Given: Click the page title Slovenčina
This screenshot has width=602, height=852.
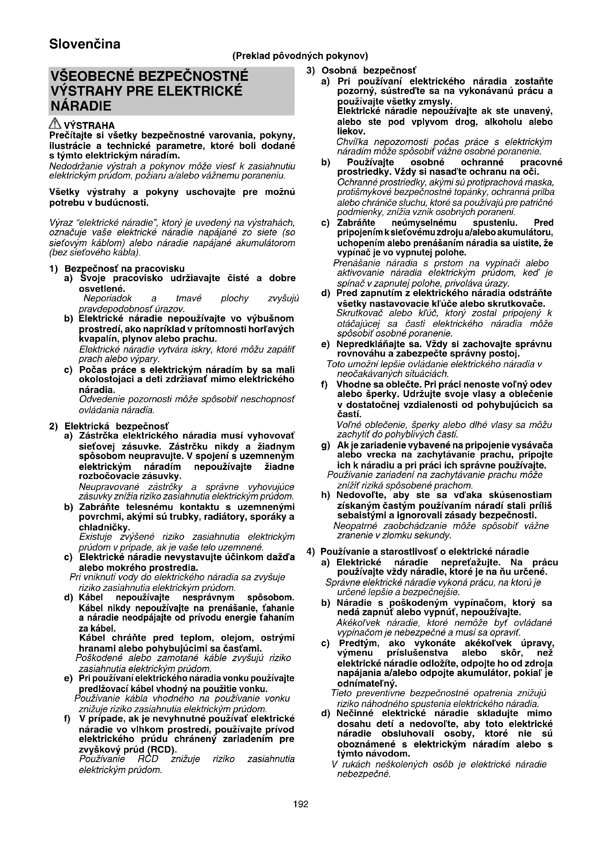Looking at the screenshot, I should tap(85, 44).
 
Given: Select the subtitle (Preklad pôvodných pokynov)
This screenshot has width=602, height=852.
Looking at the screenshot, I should tap(300, 56).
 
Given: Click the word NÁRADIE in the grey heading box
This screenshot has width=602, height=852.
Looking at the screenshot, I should tap(81, 106).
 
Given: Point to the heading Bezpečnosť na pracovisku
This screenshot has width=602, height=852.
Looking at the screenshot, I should tap(124, 268).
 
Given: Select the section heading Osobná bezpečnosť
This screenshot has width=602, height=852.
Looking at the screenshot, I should tap(369, 71).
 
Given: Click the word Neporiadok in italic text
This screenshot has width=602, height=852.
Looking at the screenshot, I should tap(108, 298).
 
